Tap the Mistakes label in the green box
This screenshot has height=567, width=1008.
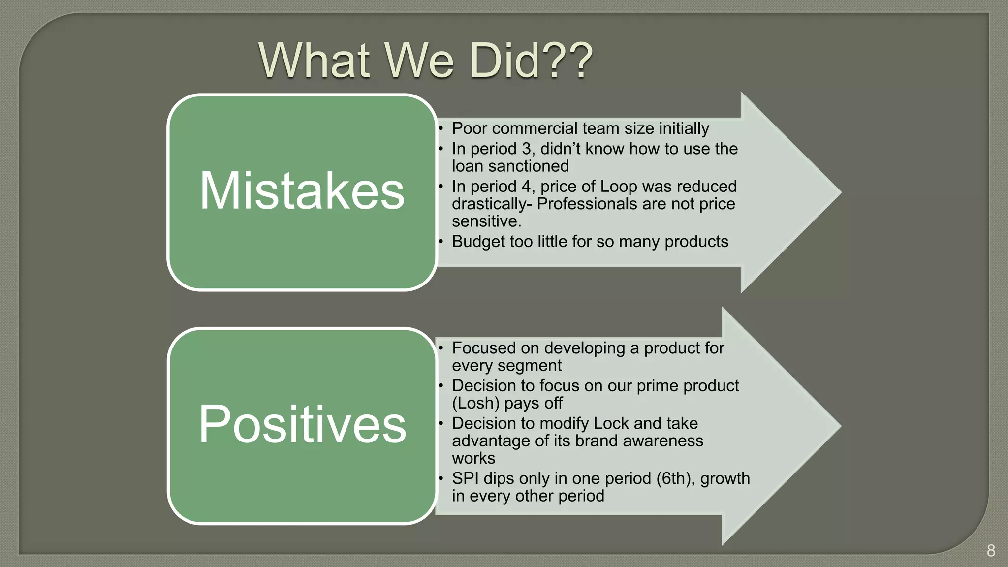(x=302, y=191)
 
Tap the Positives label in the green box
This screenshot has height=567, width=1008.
(x=302, y=424)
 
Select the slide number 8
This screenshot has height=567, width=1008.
(x=991, y=550)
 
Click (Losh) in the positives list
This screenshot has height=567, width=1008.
(x=475, y=403)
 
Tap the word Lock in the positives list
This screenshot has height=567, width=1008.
(x=611, y=423)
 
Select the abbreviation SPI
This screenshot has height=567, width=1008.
(x=465, y=478)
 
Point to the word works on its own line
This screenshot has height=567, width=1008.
(x=473, y=459)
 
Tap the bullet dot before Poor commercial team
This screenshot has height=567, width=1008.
(x=441, y=129)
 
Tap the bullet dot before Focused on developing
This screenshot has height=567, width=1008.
(x=441, y=348)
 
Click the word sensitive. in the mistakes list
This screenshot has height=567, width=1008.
(x=486, y=221)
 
